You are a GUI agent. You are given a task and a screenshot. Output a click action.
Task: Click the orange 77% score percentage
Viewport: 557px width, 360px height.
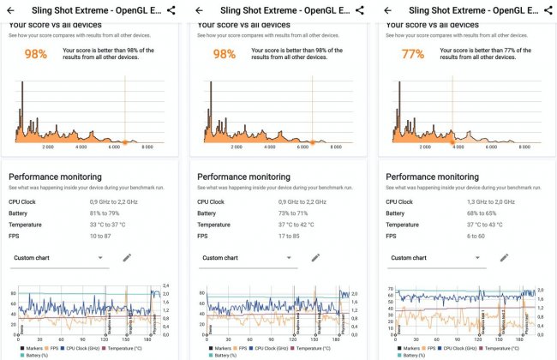[413, 54]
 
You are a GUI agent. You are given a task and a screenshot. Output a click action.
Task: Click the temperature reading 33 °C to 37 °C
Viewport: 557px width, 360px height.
[113, 225]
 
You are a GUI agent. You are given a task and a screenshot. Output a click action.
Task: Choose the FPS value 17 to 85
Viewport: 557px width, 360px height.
[293, 236]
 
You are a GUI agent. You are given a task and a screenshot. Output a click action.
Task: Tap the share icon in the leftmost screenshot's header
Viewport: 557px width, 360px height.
[171, 10]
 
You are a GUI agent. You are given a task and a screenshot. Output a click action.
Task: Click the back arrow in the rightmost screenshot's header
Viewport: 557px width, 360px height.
[387, 10]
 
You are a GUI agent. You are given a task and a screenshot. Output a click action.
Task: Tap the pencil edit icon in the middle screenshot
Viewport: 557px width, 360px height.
[315, 257]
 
